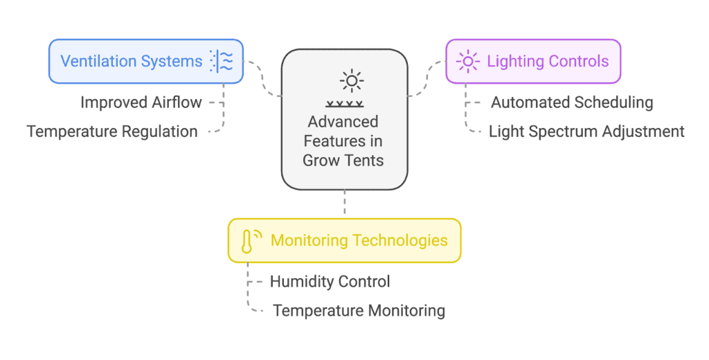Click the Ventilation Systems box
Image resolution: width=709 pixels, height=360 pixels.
[x=146, y=62]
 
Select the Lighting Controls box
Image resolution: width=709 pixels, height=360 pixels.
[x=533, y=62]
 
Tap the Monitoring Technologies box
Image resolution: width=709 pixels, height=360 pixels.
[x=345, y=241]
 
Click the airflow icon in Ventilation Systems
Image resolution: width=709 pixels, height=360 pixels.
[x=222, y=61]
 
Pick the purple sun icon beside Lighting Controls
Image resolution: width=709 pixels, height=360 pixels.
[x=468, y=61]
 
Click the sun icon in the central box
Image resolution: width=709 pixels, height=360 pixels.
[x=351, y=81]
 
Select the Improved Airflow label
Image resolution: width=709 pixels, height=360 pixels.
[x=141, y=102]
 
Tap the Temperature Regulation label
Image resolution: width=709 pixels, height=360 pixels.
[x=112, y=132]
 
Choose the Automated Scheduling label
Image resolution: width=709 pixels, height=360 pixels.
[x=572, y=102]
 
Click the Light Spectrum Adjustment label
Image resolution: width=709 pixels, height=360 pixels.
[x=586, y=132]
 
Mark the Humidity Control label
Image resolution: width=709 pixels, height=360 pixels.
[x=330, y=282]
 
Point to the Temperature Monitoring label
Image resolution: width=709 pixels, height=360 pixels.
[x=359, y=311]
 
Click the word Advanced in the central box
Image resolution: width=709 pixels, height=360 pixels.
[x=343, y=122]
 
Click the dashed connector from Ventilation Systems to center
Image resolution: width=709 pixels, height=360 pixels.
[x=262, y=78]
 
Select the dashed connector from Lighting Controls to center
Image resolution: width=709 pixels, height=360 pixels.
[x=427, y=78]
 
